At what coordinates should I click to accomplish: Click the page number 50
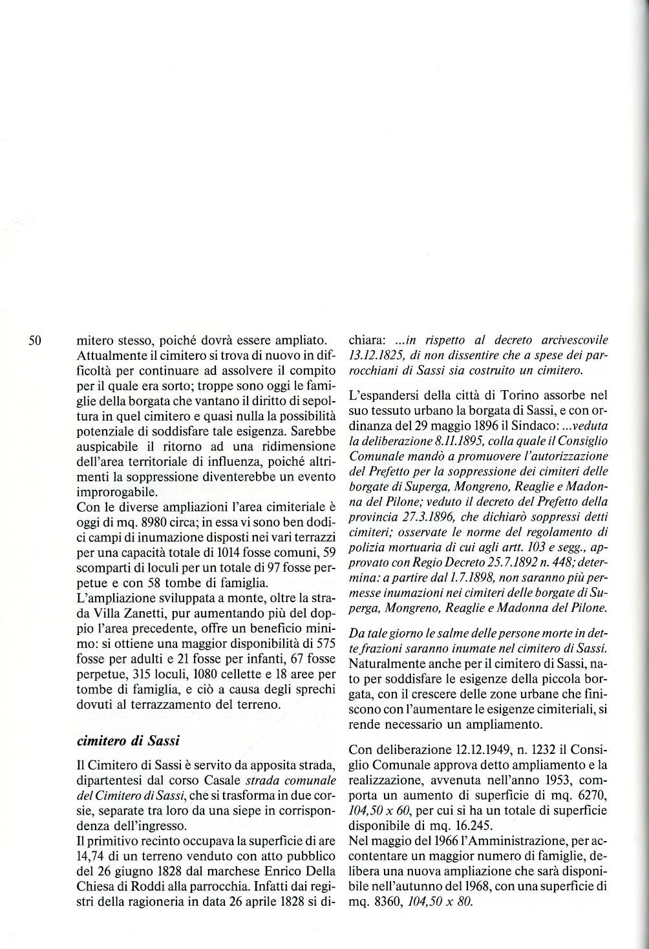(34, 340)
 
